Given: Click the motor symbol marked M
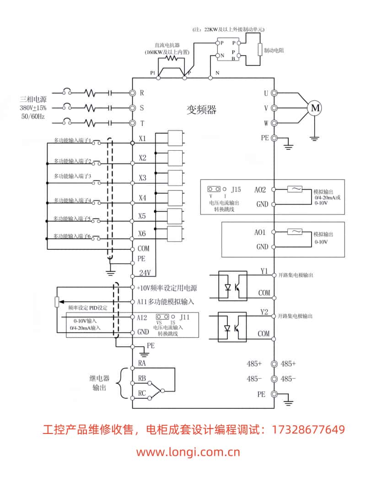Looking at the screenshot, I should point(315,108).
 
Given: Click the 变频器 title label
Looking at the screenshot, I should point(201,110).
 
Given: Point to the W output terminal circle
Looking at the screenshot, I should point(274,123).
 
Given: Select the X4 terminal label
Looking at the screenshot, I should point(142,198).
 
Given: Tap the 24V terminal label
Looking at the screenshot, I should point(145,273).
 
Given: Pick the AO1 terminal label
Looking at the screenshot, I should point(260,233).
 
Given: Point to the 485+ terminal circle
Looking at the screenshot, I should point(274,364).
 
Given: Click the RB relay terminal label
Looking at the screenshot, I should point(142,378).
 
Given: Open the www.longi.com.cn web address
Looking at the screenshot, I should point(188,453).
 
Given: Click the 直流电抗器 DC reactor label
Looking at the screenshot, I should point(167,46).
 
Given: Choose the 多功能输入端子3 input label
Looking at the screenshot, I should point(73,176).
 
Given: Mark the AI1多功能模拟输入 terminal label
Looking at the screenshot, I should point(165,301).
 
